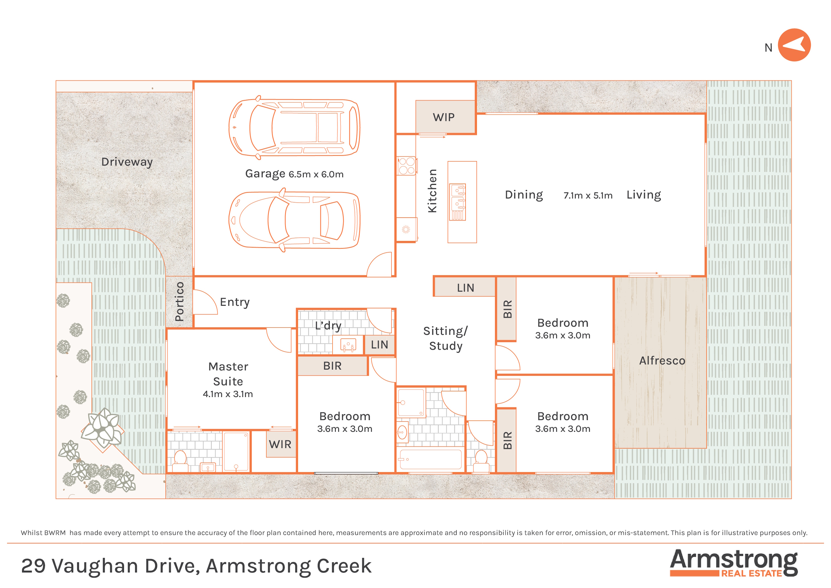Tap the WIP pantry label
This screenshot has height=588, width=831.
pos(444,117)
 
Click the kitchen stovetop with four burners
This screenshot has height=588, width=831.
pos(407,166)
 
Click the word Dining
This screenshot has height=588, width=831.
pos(524,195)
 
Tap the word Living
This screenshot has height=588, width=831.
pos(644,195)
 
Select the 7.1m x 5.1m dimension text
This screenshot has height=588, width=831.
pos(588,196)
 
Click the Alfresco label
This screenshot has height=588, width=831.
pos(662,361)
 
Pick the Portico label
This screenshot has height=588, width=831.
pos(179,302)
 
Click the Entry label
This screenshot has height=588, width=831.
pos(235,302)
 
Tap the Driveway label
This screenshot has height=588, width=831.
pos(127,162)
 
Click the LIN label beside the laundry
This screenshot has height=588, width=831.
pos(379,345)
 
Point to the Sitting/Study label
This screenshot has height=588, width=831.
pos(446,338)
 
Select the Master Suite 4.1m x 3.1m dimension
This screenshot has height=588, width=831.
pos(228,394)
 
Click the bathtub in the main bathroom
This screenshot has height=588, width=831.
pos(430,460)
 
